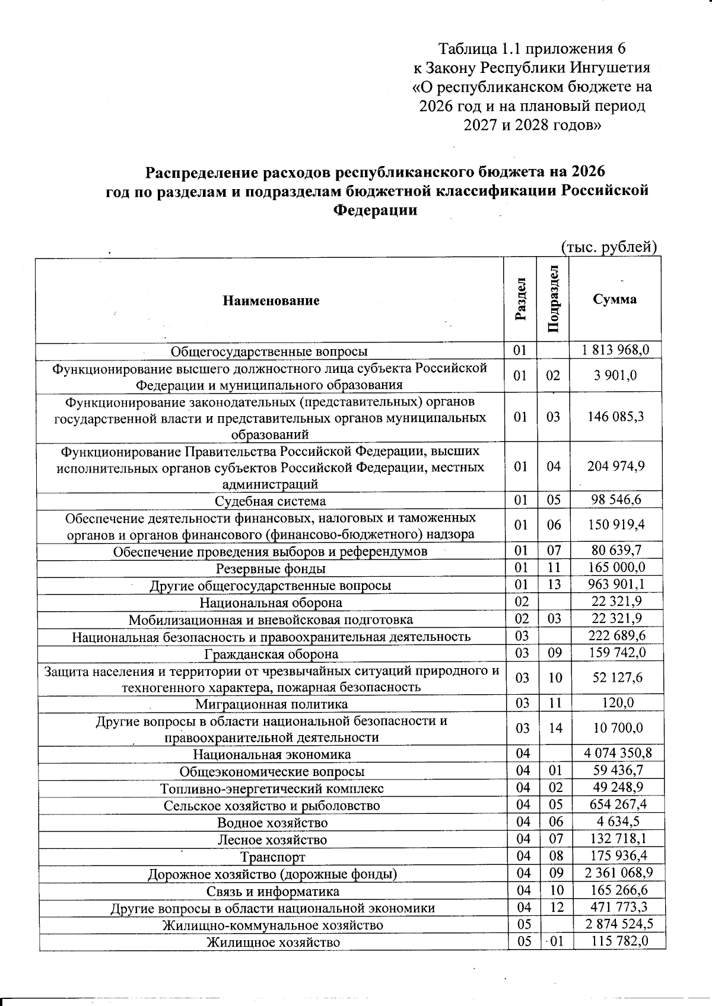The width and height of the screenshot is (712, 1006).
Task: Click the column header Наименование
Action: pos(271,301)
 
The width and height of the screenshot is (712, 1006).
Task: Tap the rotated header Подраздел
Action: pos(553,299)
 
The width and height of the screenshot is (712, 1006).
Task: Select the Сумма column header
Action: pos(615,299)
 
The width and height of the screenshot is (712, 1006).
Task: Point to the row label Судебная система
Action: pos(270,501)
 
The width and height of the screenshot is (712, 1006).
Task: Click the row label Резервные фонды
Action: pos(271,569)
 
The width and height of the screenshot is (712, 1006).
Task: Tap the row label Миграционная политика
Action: pos(271,704)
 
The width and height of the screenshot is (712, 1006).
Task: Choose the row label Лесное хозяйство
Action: pos(272,839)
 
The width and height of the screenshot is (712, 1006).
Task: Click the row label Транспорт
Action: pos(272,857)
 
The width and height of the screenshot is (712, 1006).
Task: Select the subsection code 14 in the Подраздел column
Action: pos(555,728)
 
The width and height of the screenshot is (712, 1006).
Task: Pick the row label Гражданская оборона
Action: pos(271,654)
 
